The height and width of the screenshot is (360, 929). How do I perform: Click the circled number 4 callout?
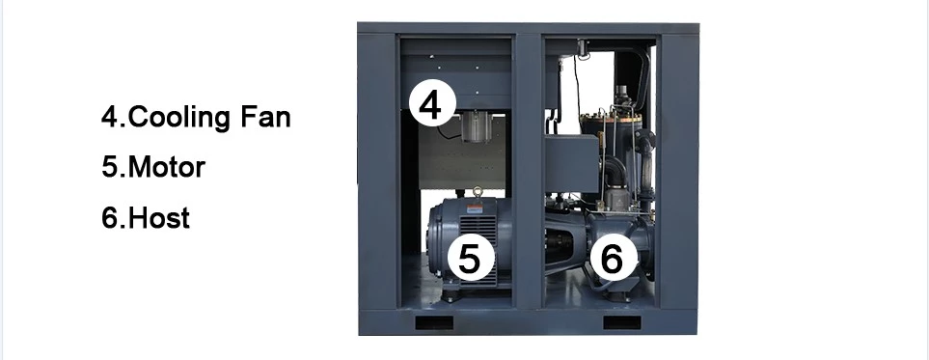tap(431, 103)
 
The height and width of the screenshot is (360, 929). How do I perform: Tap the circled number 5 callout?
tap(470, 258)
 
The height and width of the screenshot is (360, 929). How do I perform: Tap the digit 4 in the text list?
tap(109, 119)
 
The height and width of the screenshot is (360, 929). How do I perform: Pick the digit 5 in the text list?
tap(109, 167)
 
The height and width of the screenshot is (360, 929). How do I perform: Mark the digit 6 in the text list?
tap(109, 218)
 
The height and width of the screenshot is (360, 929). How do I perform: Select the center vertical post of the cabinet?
tap(528, 174)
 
